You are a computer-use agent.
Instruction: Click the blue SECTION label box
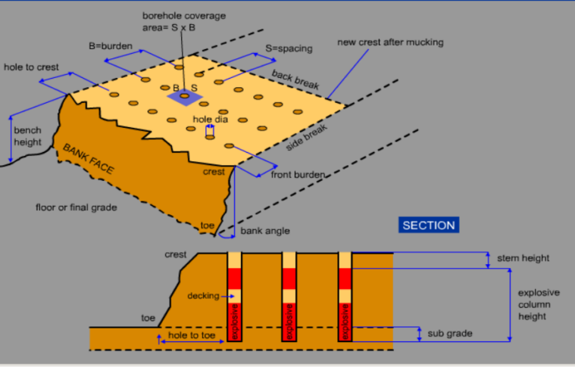click(429, 225)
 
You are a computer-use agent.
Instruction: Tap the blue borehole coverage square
click(183, 96)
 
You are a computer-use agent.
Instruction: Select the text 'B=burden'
click(111, 46)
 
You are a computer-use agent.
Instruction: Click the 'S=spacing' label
click(289, 48)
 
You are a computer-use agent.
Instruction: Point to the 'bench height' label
click(28, 136)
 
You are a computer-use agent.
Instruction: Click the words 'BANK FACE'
click(88, 158)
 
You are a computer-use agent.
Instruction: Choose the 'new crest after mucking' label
click(390, 42)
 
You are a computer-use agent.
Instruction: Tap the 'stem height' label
click(523, 258)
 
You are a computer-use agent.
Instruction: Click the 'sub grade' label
click(449, 333)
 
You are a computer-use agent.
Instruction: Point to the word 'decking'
click(203, 296)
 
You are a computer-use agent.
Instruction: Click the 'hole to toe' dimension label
click(189, 334)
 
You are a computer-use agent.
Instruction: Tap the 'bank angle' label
click(265, 230)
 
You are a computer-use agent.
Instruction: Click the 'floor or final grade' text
click(77, 207)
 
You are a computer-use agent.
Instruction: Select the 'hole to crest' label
click(31, 67)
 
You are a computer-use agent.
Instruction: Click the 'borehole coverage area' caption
click(184, 20)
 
